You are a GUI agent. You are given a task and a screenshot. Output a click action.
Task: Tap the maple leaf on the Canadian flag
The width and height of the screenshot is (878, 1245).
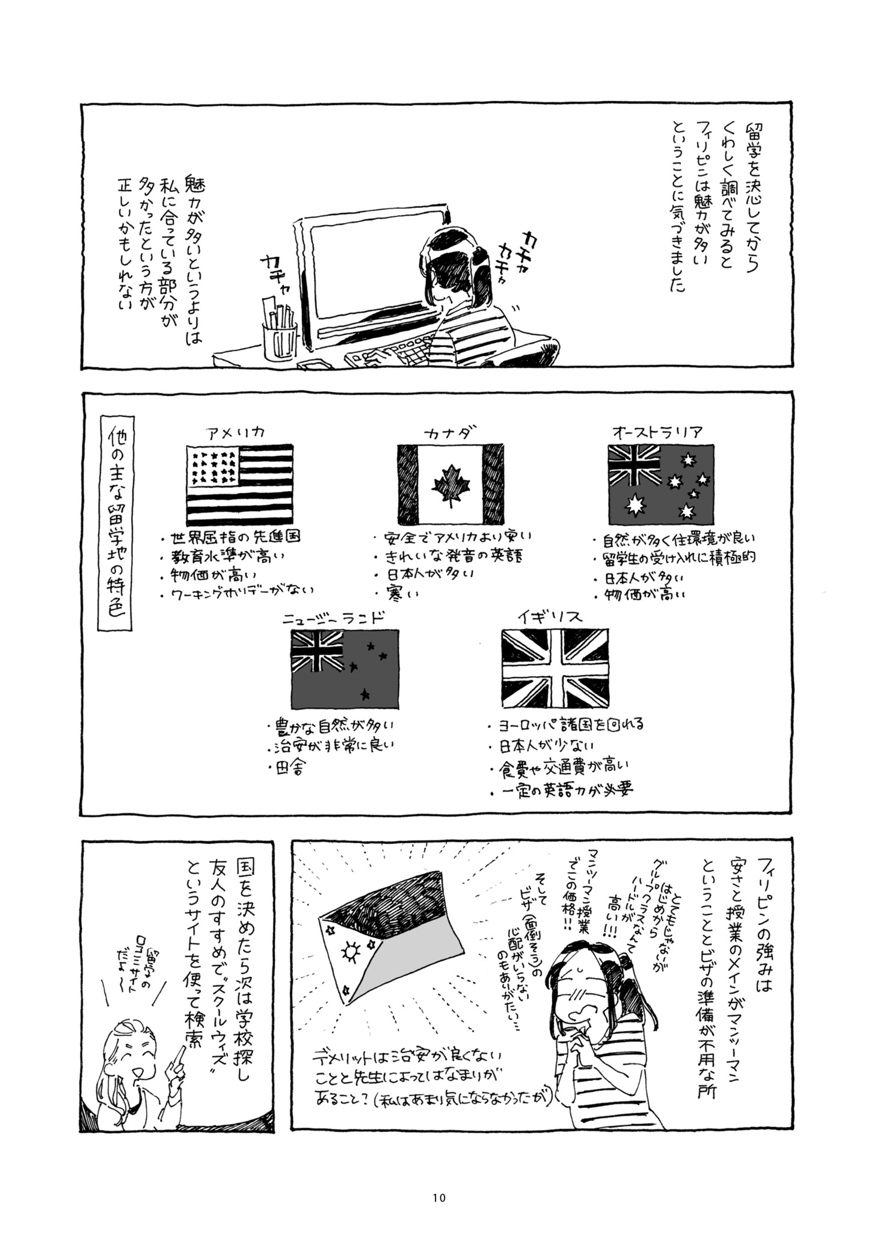pos(448,484)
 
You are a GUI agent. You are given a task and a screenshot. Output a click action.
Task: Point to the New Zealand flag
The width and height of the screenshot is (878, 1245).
pos(345,668)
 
